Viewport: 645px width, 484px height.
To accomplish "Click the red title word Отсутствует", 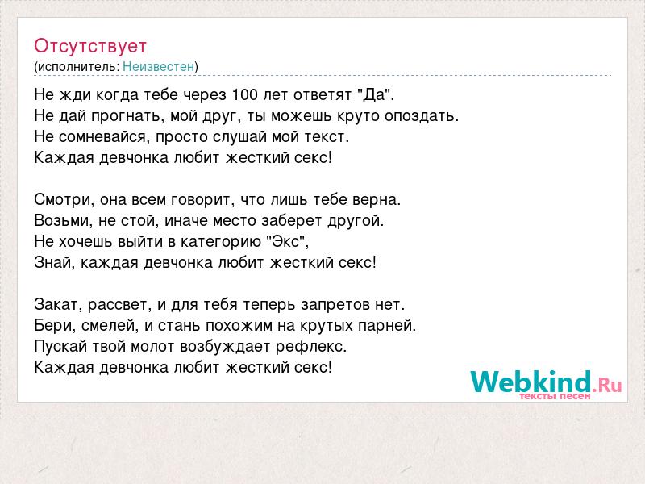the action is coord(90,46).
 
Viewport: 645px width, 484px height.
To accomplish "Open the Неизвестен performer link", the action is coord(158,66).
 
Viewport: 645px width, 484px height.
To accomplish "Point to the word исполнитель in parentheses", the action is coord(77,67).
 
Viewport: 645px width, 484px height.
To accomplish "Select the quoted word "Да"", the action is coord(377,94).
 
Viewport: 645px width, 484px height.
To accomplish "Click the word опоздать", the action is coord(421,116).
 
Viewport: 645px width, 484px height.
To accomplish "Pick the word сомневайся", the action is coord(102,136).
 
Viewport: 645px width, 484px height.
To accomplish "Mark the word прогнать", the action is coord(125,116).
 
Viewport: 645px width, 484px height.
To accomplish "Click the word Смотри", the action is coord(62,199).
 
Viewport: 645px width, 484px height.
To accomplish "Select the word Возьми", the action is coord(63,220).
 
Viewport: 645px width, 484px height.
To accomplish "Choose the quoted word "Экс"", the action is coord(289,241).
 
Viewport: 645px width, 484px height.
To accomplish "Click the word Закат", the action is coord(58,305).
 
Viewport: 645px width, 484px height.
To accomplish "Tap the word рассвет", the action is coord(118,305).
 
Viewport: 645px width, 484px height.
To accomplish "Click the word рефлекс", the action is coord(311,347).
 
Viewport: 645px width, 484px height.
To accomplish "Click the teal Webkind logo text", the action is coord(531,381).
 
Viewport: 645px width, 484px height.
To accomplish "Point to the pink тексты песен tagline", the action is coord(555,396).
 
